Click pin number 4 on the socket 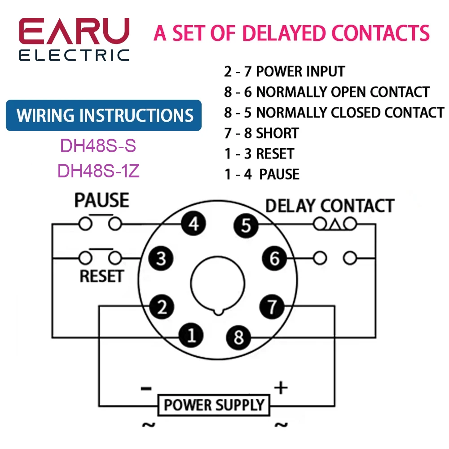point(194,224)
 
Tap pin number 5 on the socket point(246,225)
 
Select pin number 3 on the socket point(161,258)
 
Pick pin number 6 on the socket point(274,258)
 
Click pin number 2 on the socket point(162,307)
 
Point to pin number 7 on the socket point(272,307)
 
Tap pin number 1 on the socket point(191,335)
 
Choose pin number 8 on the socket point(238,337)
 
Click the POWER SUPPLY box point(214,405)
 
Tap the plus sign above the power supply point(281,388)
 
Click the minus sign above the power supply point(146,388)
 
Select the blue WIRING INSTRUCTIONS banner point(104,115)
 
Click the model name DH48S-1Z point(98,171)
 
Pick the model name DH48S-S point(98,145)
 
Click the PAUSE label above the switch point(101,200)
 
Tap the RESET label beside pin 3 point(101,276)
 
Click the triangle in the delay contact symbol point(335,225)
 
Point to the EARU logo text point(74,31)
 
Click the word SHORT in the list point(277,133)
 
